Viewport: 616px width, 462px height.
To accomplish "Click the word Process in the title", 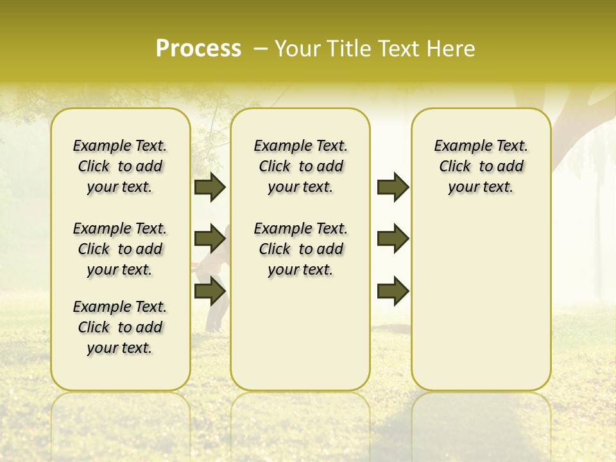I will pos(198,49).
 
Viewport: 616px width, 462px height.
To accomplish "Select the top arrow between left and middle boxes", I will pos(210,187).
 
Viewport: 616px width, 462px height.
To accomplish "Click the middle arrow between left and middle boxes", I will pos(210,239).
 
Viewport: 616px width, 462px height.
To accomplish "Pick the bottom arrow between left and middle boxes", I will pos(210,291).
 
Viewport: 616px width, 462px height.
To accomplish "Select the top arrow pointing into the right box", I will pos(393,187).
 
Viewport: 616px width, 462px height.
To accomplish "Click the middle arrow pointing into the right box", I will pos(393,239).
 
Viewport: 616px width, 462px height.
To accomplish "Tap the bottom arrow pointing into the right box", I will pos(393,291).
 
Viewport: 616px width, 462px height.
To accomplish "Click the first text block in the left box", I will pos(120,166).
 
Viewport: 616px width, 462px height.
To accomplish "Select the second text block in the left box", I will pos(120,249).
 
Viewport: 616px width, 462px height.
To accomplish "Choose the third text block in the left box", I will pos(120,327).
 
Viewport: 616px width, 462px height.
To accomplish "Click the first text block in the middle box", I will pos(300,166).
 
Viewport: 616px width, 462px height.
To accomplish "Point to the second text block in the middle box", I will pos(300,249).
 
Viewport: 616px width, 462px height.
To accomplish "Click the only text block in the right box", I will pos(481,166).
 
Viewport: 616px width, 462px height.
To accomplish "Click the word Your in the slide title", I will pos(298,49).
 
